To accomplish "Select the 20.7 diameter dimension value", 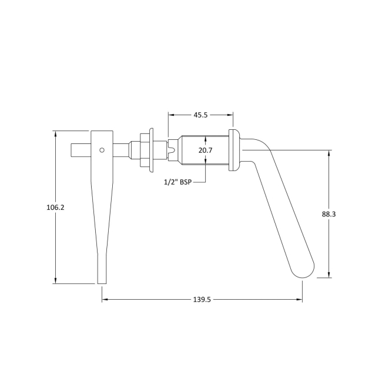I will (x=205, y=151).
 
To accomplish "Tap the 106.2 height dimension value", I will (x=55, y=207).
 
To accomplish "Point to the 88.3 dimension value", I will (x=329, y=215).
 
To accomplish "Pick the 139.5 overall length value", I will (x=202, y=300).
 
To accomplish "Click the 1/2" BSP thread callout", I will (x=177, y=182).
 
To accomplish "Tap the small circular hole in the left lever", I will (x=102, y=150).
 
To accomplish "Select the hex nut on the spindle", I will (x=143, y=150).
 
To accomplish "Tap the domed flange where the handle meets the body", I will (x=233, y=150).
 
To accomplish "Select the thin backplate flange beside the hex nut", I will (x=151, y=150).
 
